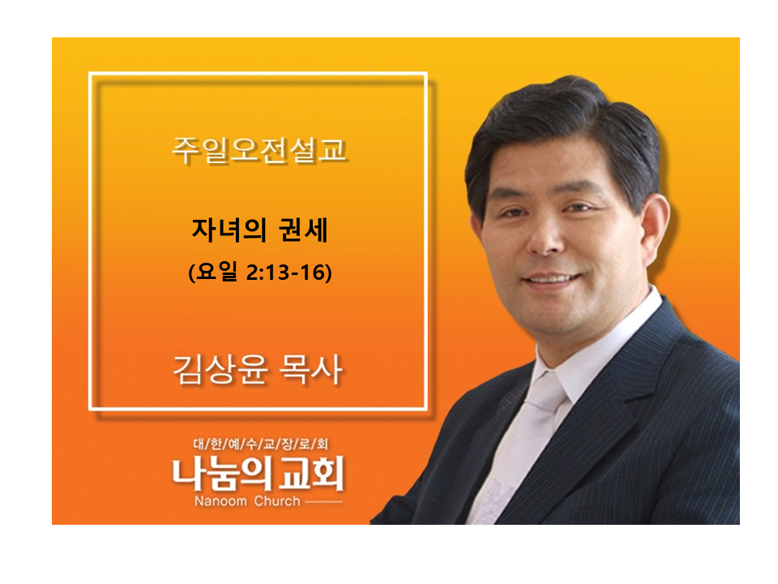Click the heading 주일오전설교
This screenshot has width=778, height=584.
(x=259, y=149)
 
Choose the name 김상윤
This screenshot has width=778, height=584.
(x=220, y=370)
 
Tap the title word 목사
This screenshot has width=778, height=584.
(x=310, y=370)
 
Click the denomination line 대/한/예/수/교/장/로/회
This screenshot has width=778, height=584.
(x=260, y=443)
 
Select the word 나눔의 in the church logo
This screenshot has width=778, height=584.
(x=222, y=474)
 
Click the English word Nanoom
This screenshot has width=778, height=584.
(x=220, y=500)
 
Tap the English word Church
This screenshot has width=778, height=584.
(x=277, y=500)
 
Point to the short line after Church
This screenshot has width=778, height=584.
(x=323, y=501)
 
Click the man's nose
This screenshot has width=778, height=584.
(x=545, y=238)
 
